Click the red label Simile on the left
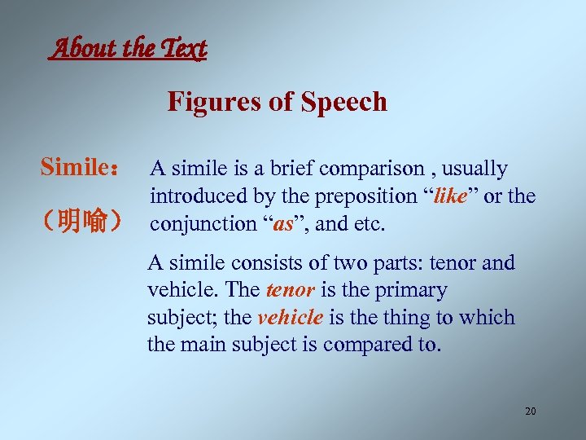click(x=76, y=169)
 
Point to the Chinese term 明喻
click(x=84, y=221)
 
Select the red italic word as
click(x=283, y=223)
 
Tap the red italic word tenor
click(x=287, y=291)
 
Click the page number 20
click(x=530, y=411)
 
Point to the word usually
click(x=476, y=169)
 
